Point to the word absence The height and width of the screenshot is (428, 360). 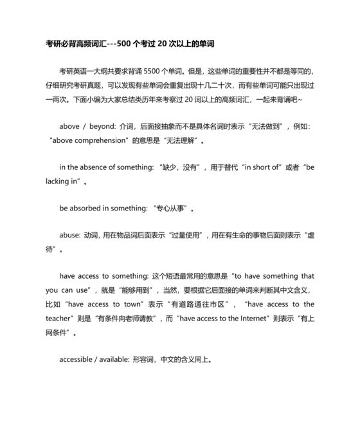pos(101,167)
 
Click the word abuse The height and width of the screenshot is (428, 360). pos(69,236)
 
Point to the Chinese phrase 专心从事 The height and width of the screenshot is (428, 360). pos(173,209)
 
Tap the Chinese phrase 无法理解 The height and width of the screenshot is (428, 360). pos(183,140)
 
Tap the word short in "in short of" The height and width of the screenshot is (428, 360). pos(260,167)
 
